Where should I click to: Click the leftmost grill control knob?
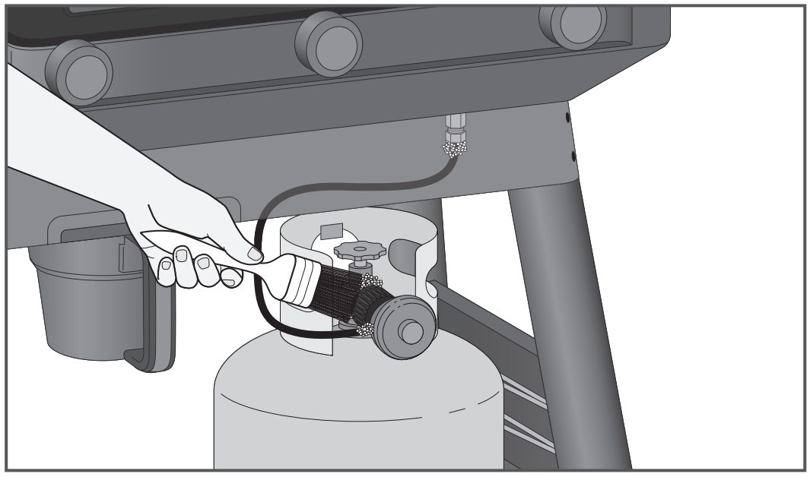pos(78,71)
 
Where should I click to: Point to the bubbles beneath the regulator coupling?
pos(364,330)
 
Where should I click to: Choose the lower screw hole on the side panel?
pos(573,156)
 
